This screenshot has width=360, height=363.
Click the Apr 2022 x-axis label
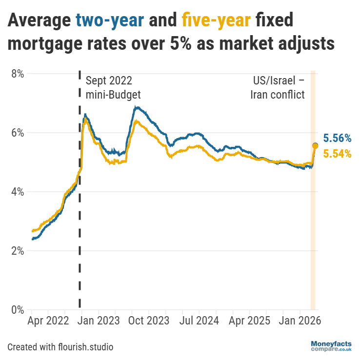tap(48, 322)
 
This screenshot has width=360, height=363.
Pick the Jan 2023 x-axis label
tap(98, 322)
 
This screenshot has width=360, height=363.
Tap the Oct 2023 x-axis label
tap(148, 322)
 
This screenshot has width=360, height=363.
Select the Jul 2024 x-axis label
tap(199, 322)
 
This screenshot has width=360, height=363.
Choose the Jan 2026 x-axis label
tap(299, 322)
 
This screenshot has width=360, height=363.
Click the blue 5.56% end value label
tap(337, 139)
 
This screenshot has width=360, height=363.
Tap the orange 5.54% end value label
tap(337, 154)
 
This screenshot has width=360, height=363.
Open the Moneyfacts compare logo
tap(331, 347)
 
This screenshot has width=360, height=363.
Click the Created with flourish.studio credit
tap(60, 347)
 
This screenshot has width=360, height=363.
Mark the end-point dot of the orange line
tap(315, 146)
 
